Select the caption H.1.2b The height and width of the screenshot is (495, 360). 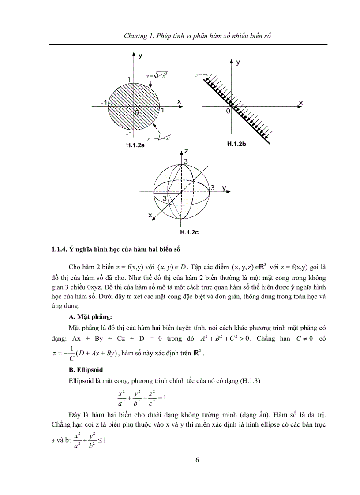tap(239, 144)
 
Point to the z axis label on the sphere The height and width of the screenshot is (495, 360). tap(187, 151)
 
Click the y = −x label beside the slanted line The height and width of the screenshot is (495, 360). tap(202, 75)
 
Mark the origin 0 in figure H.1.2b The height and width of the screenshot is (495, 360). tap(228, 112)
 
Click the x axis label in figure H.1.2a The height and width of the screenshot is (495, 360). tap(179, 101)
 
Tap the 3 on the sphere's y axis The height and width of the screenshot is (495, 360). tap(212, 188)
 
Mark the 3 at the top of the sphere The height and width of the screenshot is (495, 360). tap(186, 162)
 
